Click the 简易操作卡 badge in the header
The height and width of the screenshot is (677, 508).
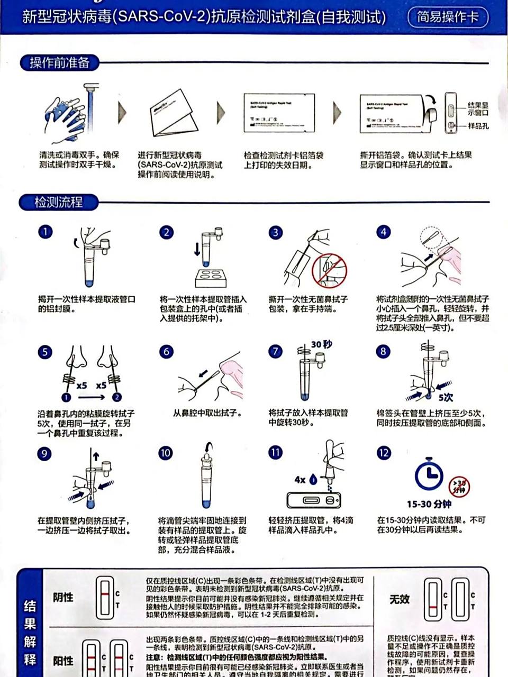pos(448,17)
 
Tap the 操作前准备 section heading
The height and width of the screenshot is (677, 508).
pos(59,63)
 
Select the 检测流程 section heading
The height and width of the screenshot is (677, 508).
pos(58,202)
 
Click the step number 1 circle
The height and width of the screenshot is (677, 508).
pos(46,232)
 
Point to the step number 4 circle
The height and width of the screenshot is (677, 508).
pos(383,232)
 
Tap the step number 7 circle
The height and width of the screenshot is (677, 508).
pos(275,351)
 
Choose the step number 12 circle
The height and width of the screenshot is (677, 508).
pos(383,453)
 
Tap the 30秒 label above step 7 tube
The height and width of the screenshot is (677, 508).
pos(321,344)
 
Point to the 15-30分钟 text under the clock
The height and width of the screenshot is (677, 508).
pos(429,504)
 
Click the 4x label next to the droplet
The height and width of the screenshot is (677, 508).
pos(300,480)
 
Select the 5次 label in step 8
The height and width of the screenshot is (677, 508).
pos(446,397)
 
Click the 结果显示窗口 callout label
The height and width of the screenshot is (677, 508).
pos(478,109)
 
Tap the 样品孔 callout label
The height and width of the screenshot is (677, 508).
pos(478,126)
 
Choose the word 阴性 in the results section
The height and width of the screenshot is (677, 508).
pos(63,597)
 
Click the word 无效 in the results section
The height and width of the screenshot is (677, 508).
pos(400,599)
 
